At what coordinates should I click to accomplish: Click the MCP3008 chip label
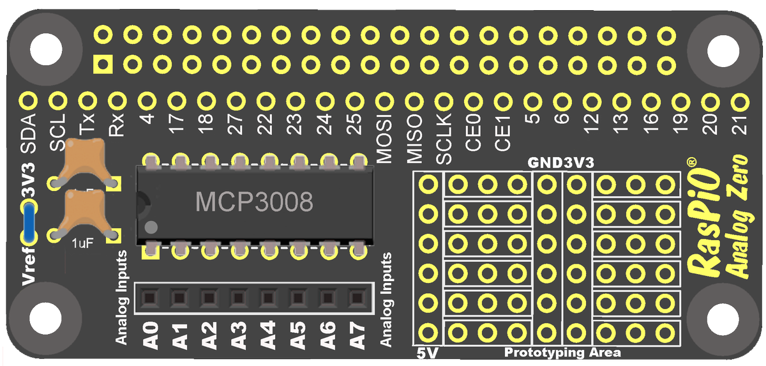point(254,202)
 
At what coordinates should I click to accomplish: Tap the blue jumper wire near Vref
point(27,220)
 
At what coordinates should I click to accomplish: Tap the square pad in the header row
point(102,64)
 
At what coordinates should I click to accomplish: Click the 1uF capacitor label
point(81,244)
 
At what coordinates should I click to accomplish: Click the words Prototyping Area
point(562,353)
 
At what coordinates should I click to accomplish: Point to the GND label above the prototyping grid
point(544,163)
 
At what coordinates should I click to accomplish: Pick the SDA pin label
point(27,133)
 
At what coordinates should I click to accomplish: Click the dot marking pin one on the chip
point(151,227)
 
